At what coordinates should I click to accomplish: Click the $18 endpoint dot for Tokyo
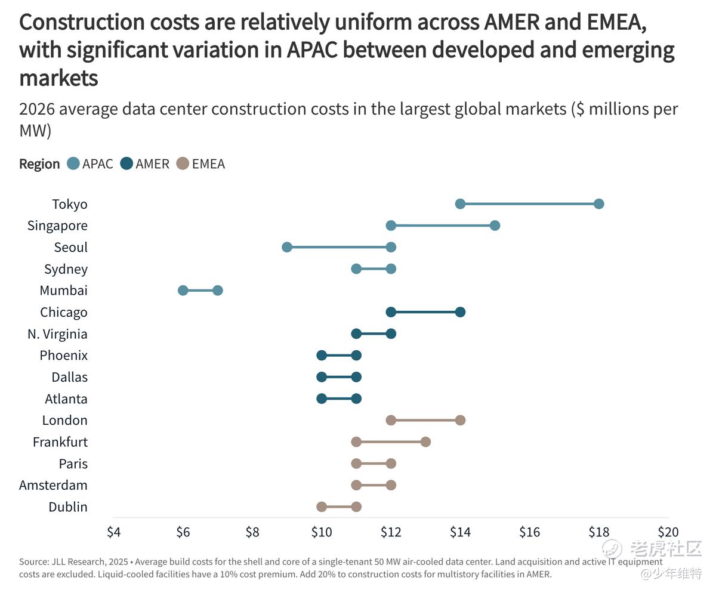click(x=599, y=204)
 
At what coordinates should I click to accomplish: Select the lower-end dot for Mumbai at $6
click(x=183, y=291)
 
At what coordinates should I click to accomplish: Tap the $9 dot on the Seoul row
click(x=287, y=247)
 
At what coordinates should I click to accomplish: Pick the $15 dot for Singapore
click(x=495, y=226)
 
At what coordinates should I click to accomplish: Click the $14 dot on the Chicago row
click(x=460, y=312)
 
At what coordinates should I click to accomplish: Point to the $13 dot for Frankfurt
click(x=425, y=442)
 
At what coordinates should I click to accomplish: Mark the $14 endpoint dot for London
click(x=460, y=420)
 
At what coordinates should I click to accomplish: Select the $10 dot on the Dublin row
click(x=322, y=507)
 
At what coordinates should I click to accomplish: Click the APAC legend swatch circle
click(x=73, y=164)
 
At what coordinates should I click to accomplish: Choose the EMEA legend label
click(x=208, y=164)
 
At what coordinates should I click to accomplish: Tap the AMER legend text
click(x=152, y=164)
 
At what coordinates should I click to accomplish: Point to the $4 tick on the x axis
click(x=114, y=532)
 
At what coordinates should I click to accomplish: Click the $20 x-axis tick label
click(x=668, y=532)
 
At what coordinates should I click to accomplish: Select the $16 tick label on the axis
click(x=529, y=532)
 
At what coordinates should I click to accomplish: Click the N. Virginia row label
click(x=57, y=334)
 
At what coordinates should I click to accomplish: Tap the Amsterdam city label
click(x=53, y=485)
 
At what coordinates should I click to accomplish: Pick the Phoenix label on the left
click(x=63, y=356)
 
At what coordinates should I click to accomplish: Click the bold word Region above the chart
click(x=39, y=164)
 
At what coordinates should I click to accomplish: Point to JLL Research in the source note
click(x=73, y=562)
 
